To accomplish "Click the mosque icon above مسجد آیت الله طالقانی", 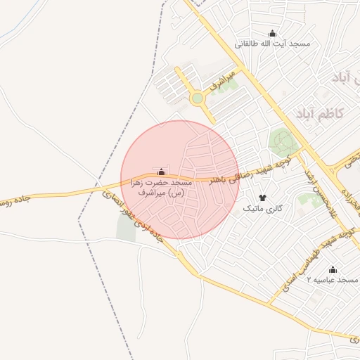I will [273, 33].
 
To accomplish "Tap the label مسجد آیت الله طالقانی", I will [273, 44].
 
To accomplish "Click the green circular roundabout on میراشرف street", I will [197, 98].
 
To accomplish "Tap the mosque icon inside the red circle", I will [162, 172].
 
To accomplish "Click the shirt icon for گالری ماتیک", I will [263, 198].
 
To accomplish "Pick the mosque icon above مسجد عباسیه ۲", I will [333, 269].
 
